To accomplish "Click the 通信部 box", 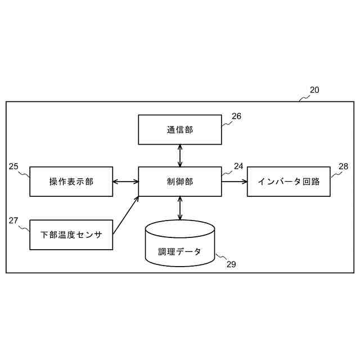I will coord(180,129).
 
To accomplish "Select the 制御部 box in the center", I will coord(180,181).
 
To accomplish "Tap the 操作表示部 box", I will coord(71,181).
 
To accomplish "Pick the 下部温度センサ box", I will coord(71,235).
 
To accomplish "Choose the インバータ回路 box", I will coord(289,181).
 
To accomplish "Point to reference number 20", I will coord(314,90).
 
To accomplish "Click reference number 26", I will coord(236,116).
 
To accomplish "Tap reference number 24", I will coord(238,166).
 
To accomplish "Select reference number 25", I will coord(14,166).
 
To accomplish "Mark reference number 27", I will coord(14,220).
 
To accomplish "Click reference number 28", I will coord(343,166).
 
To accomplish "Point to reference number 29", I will coord(231,263).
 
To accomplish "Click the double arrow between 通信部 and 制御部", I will coord(180,155).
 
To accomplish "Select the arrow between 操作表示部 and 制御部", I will coord(125,181).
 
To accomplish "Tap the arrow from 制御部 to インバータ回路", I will coord(234,181).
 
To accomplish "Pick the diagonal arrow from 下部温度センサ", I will coord(126,215).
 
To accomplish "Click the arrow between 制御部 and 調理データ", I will coord(180,208).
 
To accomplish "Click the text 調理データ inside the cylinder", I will coord(180,251).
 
